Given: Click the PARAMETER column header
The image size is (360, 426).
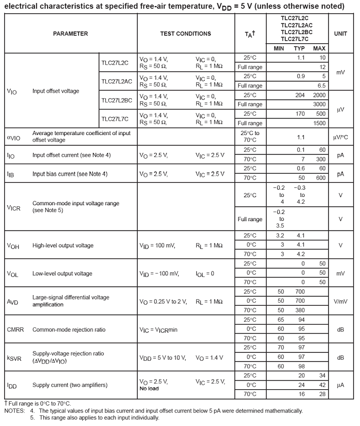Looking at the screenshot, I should [70, 34].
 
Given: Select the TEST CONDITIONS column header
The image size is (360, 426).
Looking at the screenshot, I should [186, 34].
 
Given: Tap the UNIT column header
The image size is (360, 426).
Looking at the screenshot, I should [341, 34].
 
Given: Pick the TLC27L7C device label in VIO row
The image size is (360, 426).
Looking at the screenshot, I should [114, 119].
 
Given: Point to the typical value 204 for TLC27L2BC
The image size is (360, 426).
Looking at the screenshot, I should [300, 95].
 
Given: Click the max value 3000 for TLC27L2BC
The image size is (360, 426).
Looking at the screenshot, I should [319, 105].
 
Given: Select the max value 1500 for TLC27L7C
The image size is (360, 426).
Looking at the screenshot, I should [319, 123].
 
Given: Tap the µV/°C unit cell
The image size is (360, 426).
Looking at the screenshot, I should [341, 137].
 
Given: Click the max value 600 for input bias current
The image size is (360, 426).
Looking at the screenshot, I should [321, 178].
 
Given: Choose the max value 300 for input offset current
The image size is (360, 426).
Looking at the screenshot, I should [321, 160].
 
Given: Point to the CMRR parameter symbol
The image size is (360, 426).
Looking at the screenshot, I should [14, 329].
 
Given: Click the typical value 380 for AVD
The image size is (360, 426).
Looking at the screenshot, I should [300, 310].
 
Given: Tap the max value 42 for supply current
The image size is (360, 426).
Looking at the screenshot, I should [322, 385].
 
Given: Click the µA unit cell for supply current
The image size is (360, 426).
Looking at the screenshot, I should [341, 385].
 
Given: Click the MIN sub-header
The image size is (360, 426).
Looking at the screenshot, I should [279, 49].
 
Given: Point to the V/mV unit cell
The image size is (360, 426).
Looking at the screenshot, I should [341, 301].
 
